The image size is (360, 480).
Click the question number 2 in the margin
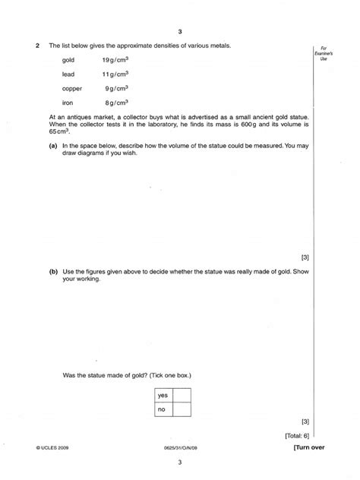[37, 46]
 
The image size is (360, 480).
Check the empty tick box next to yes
[182, 395]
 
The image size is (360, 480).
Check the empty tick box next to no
[182, 409]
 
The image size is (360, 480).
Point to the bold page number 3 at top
[180, 32]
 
